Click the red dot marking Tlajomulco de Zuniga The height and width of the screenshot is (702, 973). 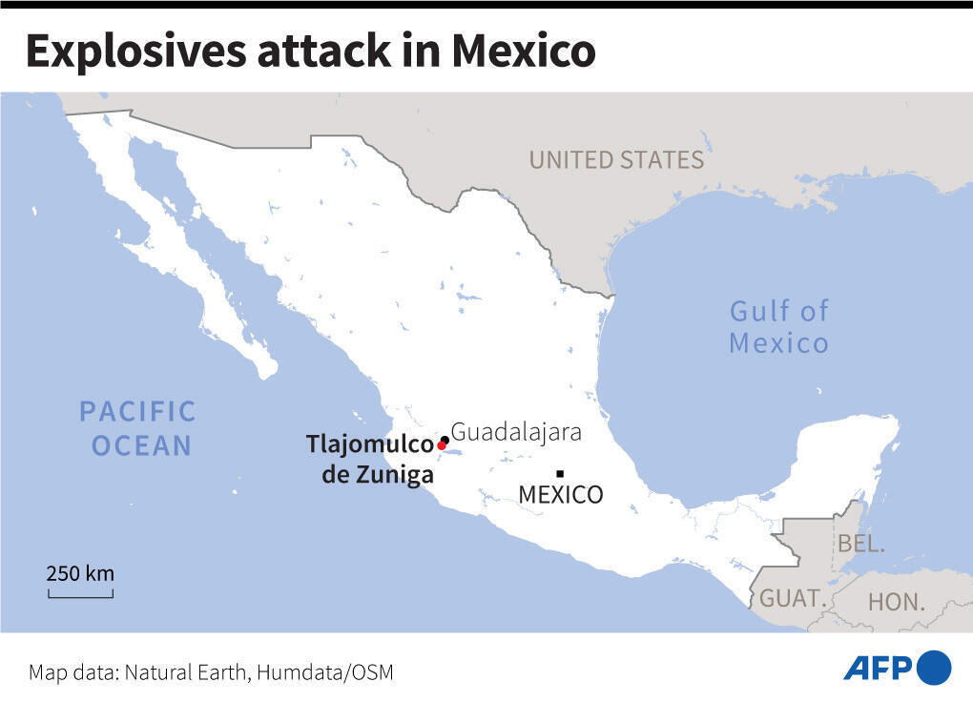pyautogui.click(x=441, y=445)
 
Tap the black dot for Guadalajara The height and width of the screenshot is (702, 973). pyautogui.click(x=445, y=440)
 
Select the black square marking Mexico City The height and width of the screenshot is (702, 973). pyautogui.click(x=560, y=474)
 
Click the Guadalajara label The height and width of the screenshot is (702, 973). pyautogui.click(x=516, y=432)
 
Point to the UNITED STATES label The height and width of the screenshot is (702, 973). pyautogui.click(x=616, y=160)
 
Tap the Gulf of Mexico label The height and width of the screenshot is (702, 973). pyautogui.click(x=778, y=326)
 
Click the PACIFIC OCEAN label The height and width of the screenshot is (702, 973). pyautogui.click(x=137, y=428)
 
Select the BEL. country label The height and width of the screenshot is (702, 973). pyautogui.click(x=861, y=545)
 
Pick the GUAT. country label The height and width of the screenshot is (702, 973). pyautogui.click(x=791, y=599)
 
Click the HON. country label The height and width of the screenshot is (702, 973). pyautogui.click(x=897, y=602)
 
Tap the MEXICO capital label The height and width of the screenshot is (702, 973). pyautogui.click(x=560, y=495)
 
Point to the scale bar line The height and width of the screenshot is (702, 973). pyautogui.click(x=80, y=596)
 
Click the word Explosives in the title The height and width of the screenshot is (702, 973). pyautogui.click(x=135, y=52)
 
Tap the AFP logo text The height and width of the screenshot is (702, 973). pyautogui.click(x=878, y=667)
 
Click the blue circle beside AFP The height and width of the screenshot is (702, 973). pyautogui.click(x=934, y=667)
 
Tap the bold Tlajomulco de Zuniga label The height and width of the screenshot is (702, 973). pyautogui.click(x=370, y=459)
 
